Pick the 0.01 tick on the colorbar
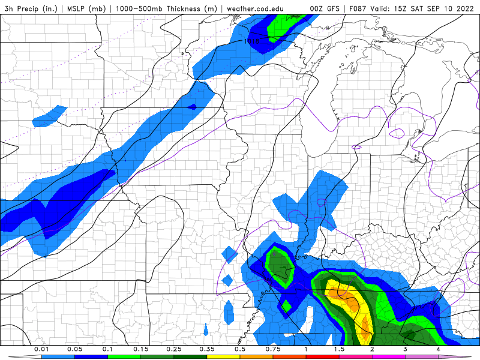pyautogui.click(x=41, y=349)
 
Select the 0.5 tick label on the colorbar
pyautogui.click(x=240, y=349)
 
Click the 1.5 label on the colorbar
pyautogui.click(x=339, y=349)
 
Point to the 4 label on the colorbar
pyautogui.click(x=439, y=349)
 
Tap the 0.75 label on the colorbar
pyautogui.click(x=273, y=349)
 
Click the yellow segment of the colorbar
pyautogui.click(x=223, y=356)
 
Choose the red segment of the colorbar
pyautogui.click(x=322, y=356)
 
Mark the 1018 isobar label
pyautogui.click(x=252, y=41)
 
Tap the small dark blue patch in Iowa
pyautogui.click(x=192, y=107)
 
